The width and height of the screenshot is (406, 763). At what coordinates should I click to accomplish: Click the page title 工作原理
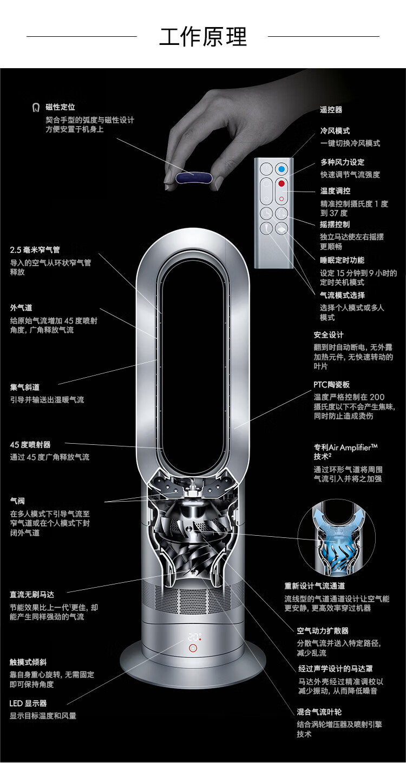[203, 37]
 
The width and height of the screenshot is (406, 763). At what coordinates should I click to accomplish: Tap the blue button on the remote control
[280, 169]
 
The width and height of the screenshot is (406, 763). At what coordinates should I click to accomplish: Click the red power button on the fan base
[193, 649]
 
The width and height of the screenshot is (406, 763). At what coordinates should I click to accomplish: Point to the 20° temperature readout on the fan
[194, 637]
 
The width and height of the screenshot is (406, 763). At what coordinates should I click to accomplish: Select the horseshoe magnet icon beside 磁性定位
[36, 108]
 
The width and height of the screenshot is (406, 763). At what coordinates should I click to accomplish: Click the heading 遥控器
[331, 110]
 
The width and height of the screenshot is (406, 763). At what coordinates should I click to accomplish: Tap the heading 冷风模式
[335, 131]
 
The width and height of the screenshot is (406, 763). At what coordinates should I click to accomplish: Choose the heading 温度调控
[335, 191]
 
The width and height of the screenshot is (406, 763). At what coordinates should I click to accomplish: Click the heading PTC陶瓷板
[331, 385]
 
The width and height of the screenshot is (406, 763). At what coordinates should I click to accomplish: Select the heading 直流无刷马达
[31, 595]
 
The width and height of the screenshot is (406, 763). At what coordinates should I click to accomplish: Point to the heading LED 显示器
[28, 703]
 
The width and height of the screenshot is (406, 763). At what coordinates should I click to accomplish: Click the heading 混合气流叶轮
[319, 712]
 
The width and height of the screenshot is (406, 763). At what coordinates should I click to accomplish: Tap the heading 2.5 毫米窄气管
[35, 250]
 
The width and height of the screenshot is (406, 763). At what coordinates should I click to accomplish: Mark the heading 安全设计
[328, 335]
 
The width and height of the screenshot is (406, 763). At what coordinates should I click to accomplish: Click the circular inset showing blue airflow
[328, 538]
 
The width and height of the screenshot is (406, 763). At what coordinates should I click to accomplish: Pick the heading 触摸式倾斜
[28, 662]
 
